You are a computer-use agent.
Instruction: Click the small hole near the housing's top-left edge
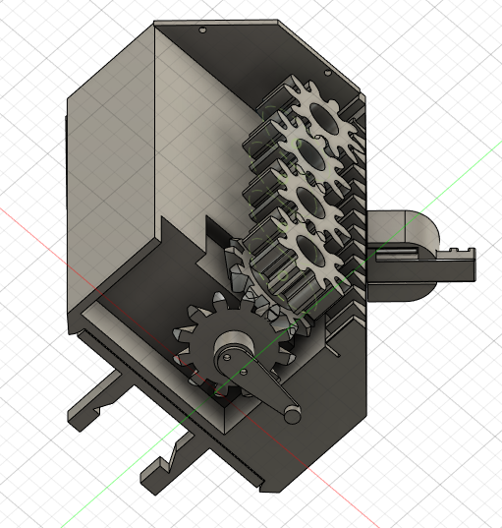point(202,30)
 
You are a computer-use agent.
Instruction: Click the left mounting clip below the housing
point(93,402)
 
